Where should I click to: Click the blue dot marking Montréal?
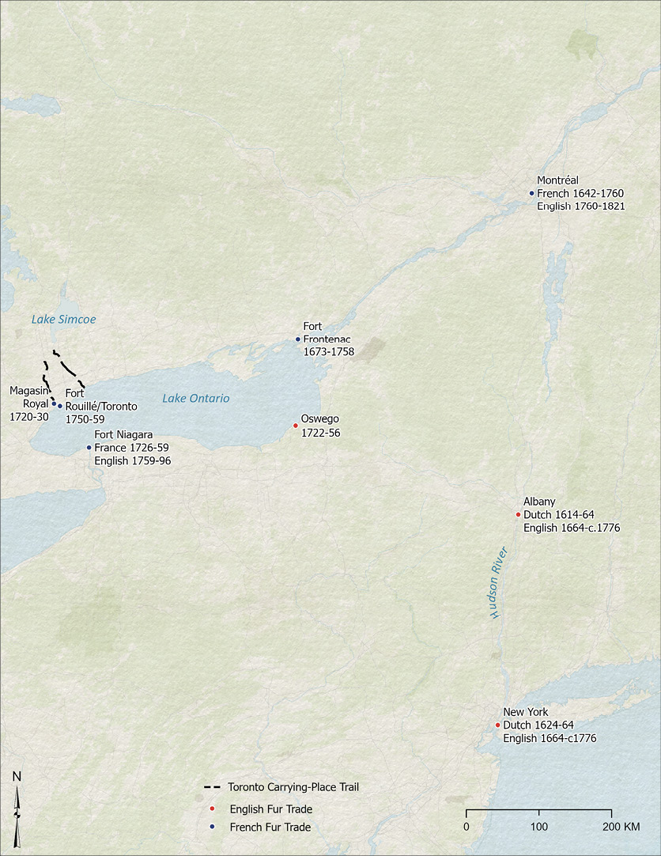(x=532, y=193)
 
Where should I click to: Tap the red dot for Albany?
(x=518, y=514)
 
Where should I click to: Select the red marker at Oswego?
(x=296, y=426)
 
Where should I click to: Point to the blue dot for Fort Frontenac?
(x=298, y=339)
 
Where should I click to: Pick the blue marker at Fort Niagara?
(x=89, y=447)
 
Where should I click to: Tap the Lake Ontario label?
(x=196, y=399)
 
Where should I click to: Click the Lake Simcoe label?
(x=63, y=320)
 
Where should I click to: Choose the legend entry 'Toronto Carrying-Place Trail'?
(x=293, y=787)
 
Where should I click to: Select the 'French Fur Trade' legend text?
(x=270, y=828)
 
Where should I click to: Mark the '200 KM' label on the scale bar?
(x=621, y=827)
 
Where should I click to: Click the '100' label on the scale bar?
(x=539, y=827)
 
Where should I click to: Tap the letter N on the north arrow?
(x=17, y=777)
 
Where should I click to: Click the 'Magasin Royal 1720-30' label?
(x=29, y=403)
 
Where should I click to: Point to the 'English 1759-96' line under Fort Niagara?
(x=132, y=460)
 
